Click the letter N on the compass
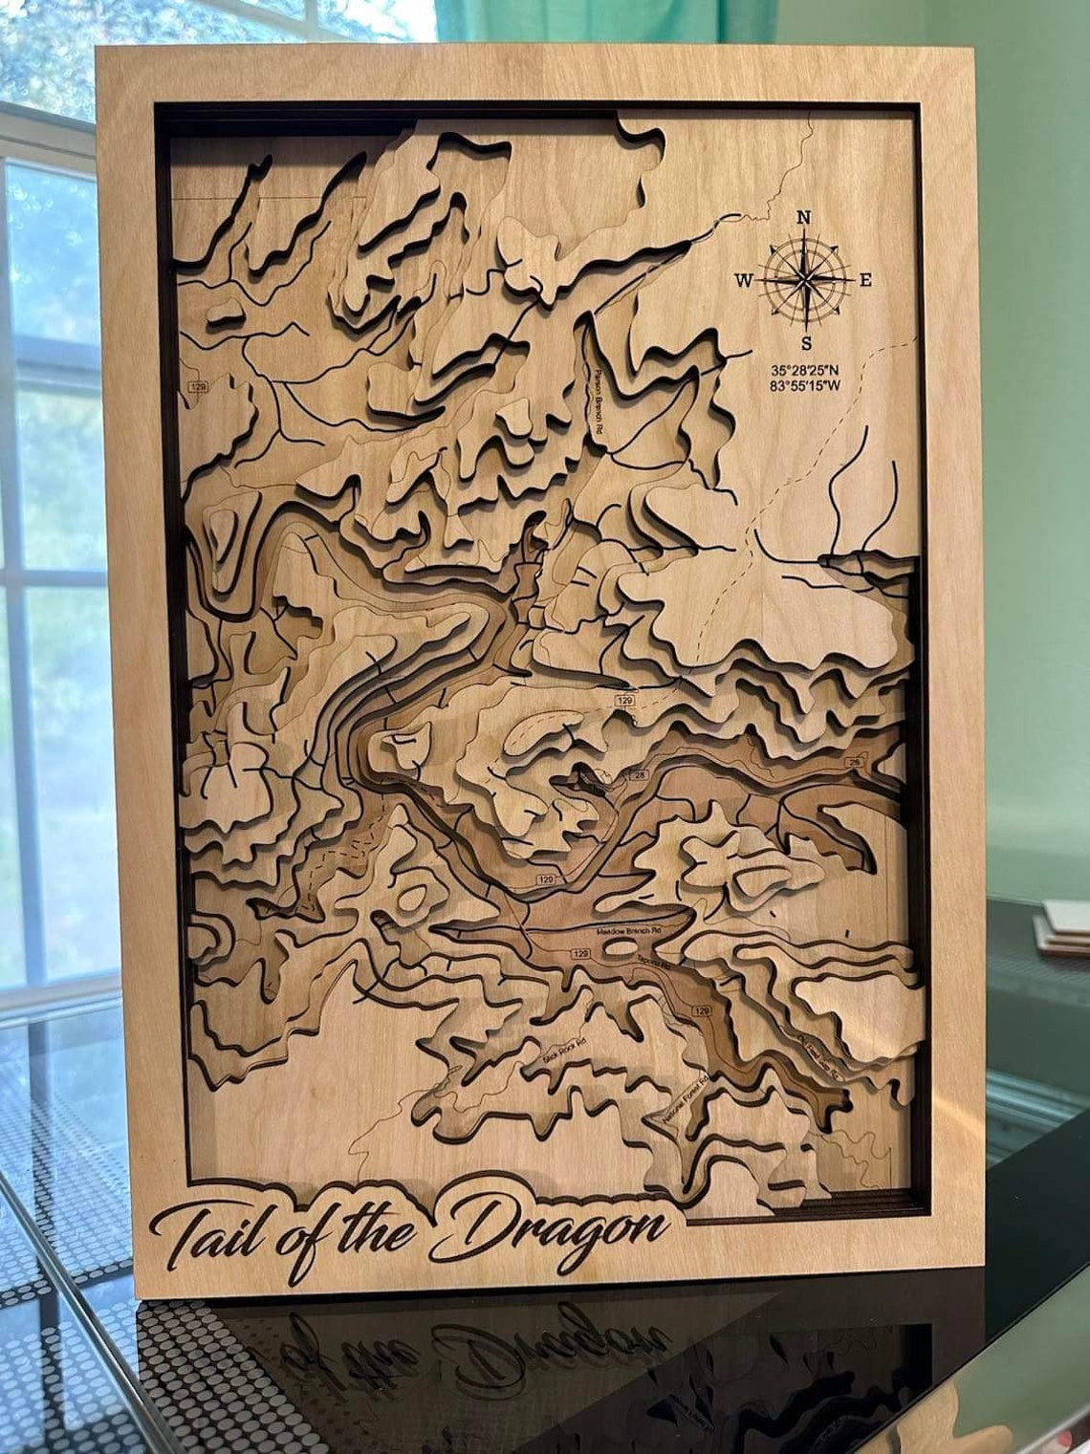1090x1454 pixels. click(x=803, y=218)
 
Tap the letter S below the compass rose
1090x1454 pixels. click(x=806, y=343)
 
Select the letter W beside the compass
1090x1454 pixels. click(x=743, y=280)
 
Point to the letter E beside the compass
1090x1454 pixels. click(x=865, y=280)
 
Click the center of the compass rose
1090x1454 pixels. click(x=805, y=279)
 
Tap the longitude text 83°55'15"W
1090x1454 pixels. click(x=806, y=386)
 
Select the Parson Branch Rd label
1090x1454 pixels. click(x=600, y=401)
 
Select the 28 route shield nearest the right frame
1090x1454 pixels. click(x=854, y=761)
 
